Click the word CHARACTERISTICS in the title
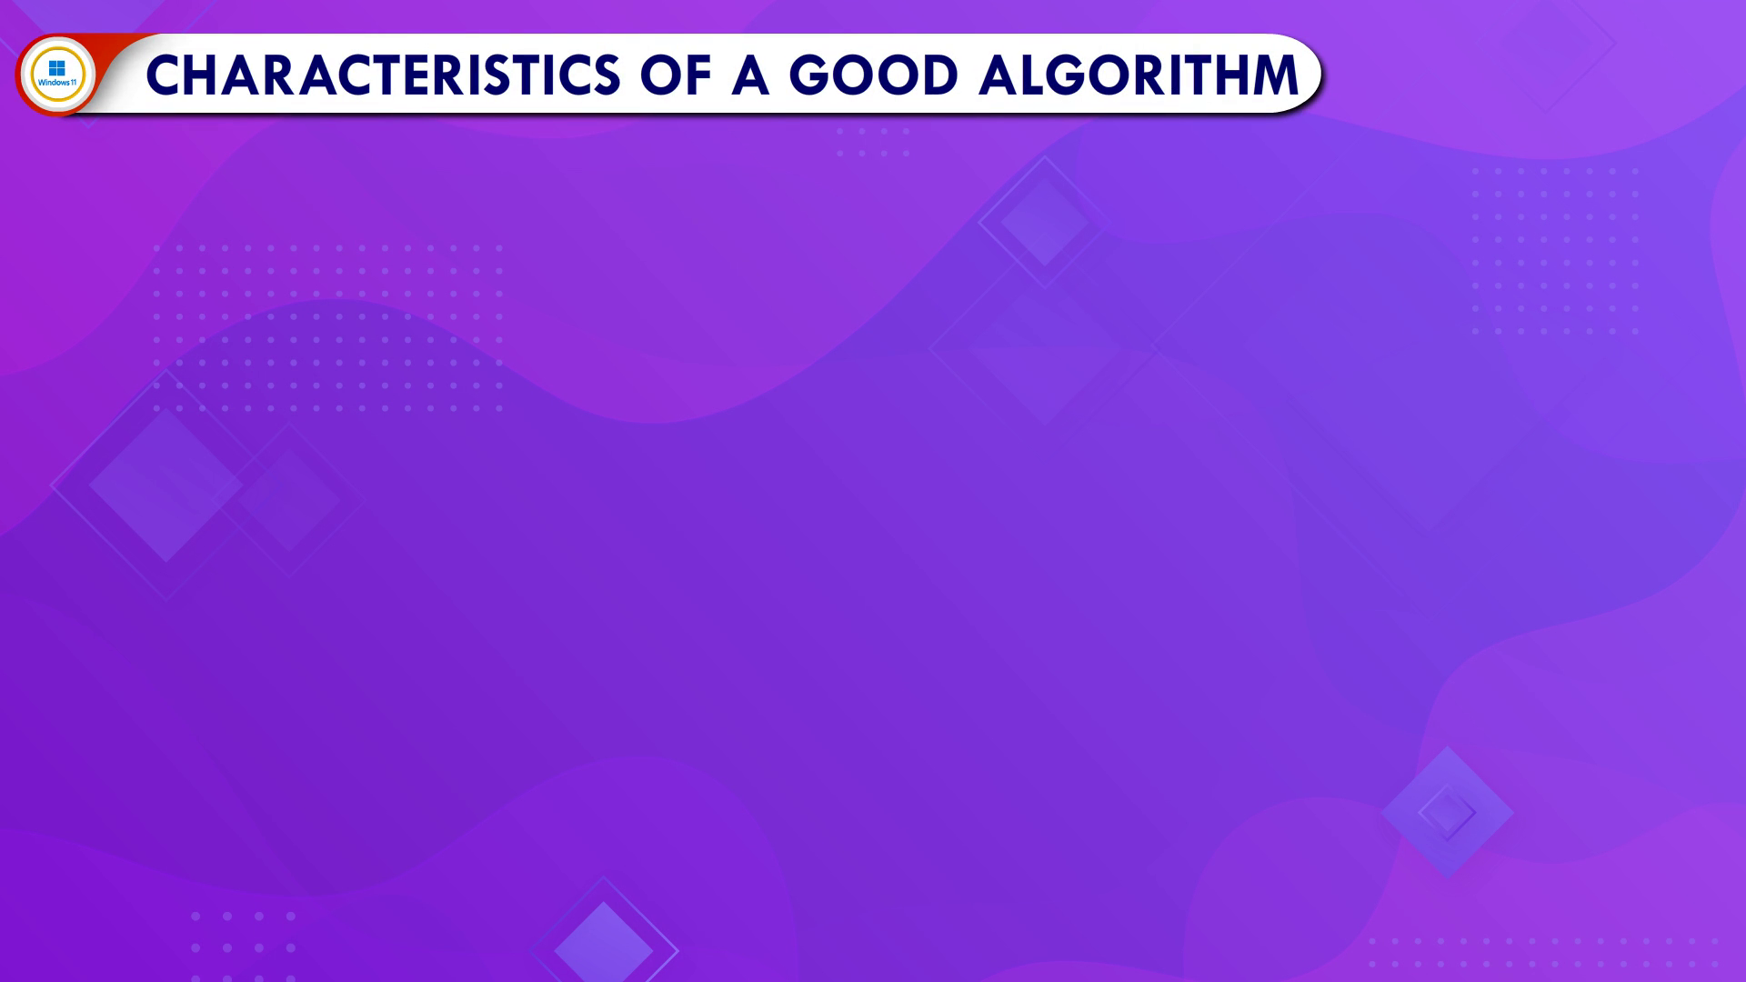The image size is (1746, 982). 383,75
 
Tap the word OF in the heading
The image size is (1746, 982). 676,75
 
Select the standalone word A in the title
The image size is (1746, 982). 750,75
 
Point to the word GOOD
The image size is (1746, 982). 874,75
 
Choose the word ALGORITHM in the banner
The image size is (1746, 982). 1139,75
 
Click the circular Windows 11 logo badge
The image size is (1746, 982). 57,75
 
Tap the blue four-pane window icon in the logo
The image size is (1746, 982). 56,68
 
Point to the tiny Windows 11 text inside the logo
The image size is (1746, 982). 57,83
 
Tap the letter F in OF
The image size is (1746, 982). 697,75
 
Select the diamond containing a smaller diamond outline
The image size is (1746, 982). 1447,812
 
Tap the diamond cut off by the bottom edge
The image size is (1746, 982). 604,941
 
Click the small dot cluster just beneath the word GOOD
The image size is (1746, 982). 873,142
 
